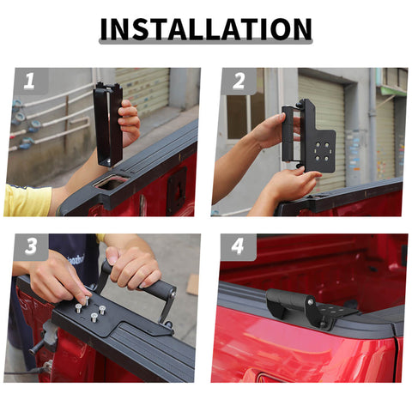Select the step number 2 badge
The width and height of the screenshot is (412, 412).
(x=238, y=82)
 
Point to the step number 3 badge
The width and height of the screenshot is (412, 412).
(x=31, y=246)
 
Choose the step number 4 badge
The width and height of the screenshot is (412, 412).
(x=238, y=246)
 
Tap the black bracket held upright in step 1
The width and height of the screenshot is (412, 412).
(x=108, y=124)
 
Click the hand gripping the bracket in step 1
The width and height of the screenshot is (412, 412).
(x=130, y=121)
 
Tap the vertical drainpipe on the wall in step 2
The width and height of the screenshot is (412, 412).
(x=371, y=129)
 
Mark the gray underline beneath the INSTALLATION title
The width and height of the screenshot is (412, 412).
(x=205, y=42)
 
